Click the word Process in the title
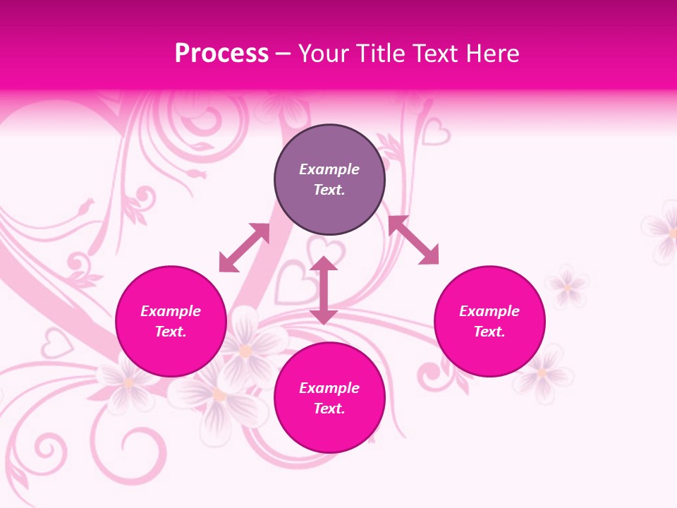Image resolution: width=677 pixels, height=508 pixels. click(221, 54)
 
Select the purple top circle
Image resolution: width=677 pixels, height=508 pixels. click(329, 180)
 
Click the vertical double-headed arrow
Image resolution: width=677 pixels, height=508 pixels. click(324, 290)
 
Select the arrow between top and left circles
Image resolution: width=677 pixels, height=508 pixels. click(245, 248)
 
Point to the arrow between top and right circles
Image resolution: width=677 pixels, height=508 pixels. click(413, 240)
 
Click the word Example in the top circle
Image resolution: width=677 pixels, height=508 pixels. click(329, 169)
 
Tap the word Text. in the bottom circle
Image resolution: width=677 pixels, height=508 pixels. click(329, 409)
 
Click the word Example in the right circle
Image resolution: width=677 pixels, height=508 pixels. click(489, 311)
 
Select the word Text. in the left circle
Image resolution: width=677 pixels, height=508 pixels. click(171, 332)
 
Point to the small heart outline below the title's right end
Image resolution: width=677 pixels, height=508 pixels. click(436, 131)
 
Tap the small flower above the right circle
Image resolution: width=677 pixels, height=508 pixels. click(566, 286)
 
